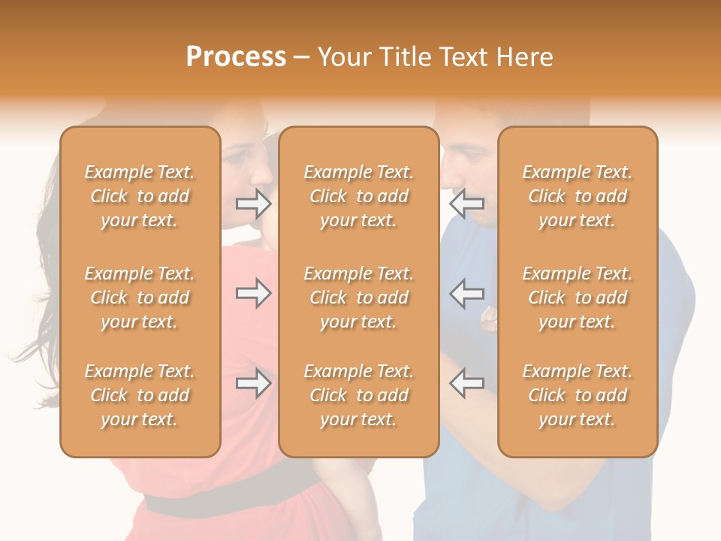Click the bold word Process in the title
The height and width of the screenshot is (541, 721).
pos(236,57)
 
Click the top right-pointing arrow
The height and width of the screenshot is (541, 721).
pos(254,203)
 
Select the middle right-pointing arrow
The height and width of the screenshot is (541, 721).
pos(254,293)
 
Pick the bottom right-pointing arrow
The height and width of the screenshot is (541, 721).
pos(254,383)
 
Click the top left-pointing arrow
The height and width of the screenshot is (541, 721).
pos(466,203)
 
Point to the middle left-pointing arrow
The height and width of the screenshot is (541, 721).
pos(466,293)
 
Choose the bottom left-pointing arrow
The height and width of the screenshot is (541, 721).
pos(466,383)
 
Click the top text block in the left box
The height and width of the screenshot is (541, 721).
pos(140,196)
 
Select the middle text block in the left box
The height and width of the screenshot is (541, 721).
pos(140,298)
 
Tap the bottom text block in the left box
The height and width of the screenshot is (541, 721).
pos(140,395)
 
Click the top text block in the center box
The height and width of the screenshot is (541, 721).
pos(359,196)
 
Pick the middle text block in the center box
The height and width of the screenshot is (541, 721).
pos(359,298)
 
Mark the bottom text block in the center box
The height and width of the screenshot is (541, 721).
pos(359,395)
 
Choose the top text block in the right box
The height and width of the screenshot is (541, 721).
pos(578,196)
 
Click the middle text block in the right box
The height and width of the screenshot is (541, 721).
pos(578,298)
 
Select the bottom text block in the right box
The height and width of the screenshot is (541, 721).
pos(578,395)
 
